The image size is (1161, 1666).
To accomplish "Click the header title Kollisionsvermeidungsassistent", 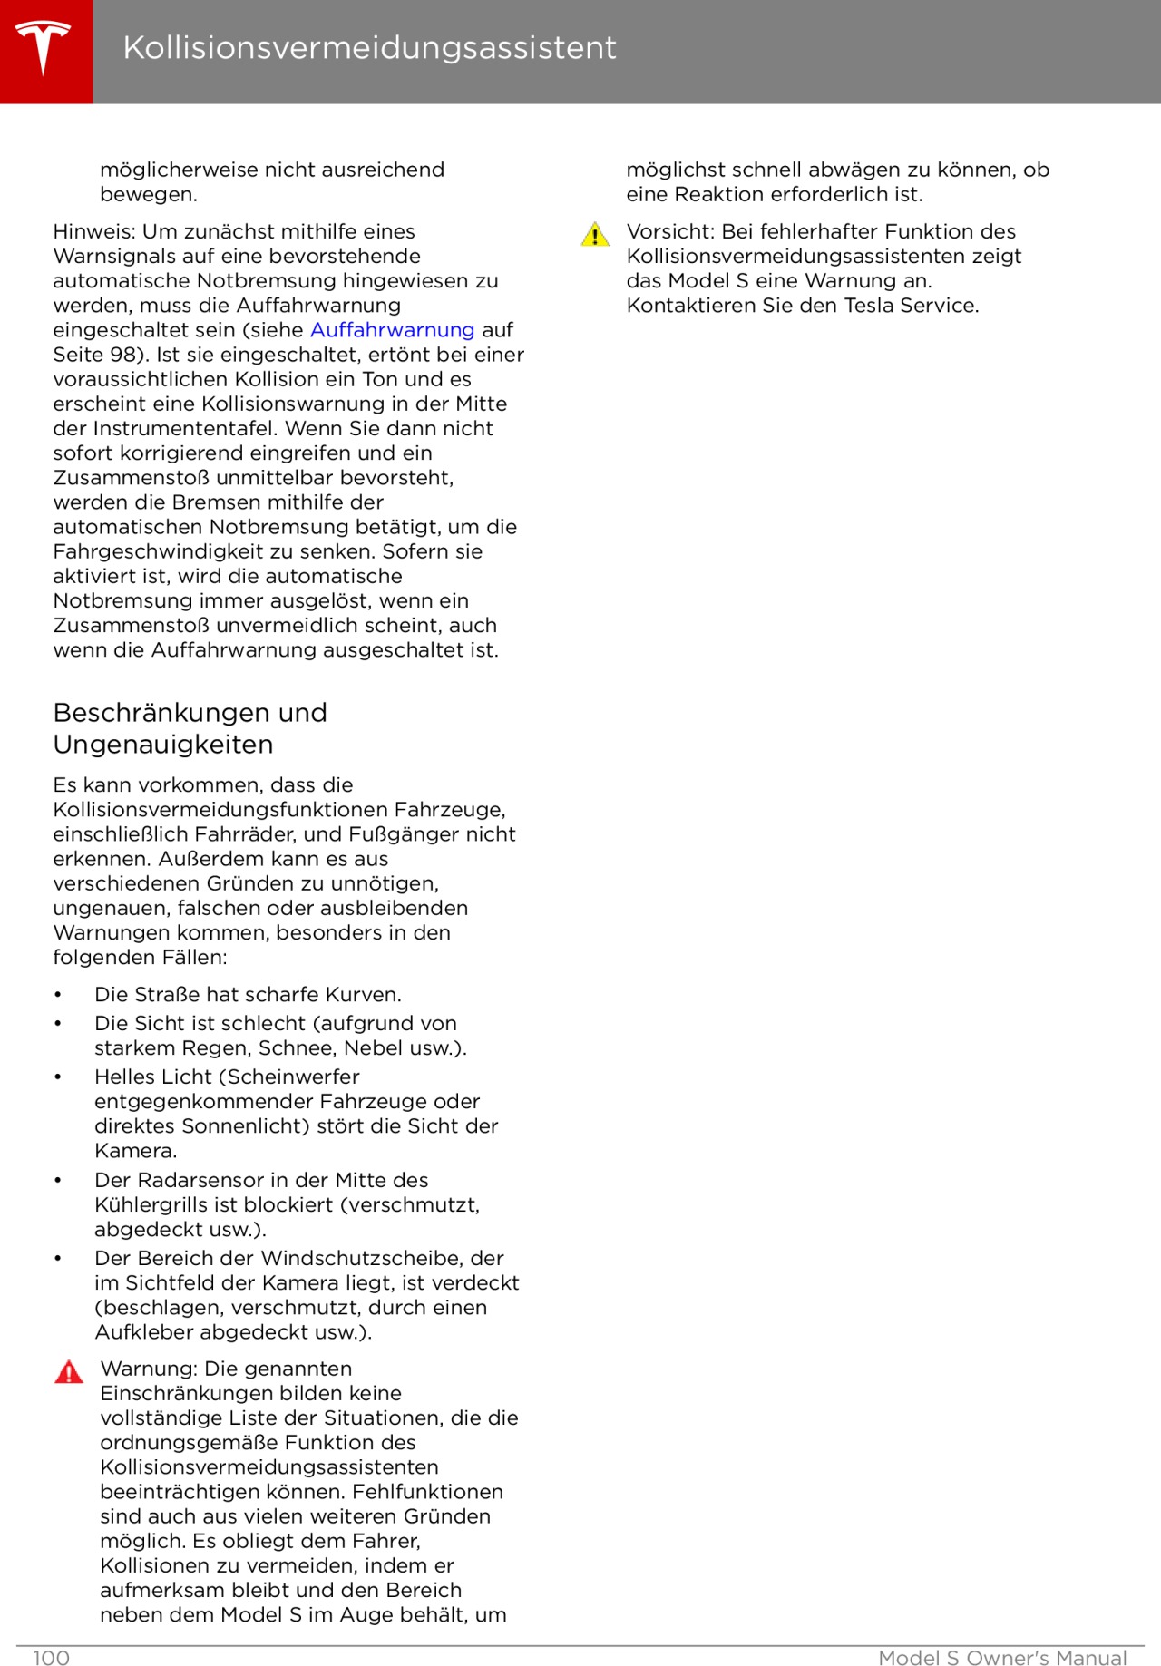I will pyautogui.click(x=369, y=47).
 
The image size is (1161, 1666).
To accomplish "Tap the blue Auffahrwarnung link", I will pyautogui.click(x=392, y=330).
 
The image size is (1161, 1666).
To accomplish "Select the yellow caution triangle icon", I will pyautogui.click(x=595, y=236).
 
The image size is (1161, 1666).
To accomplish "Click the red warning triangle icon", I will pyautogui.click(x=69, y=1372).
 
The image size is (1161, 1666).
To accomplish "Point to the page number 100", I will pyautogui.click(x=51, y=1658).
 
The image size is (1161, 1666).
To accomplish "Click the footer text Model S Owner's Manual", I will pyautogui.click(x=1002, y=1658).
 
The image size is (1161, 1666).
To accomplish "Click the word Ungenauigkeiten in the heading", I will pyautogui.click(x=163, y=745).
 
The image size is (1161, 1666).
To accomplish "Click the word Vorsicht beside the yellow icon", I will pyautogui.click(x=669, y=232).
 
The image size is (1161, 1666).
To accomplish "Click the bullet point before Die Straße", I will pyautogui.click(x=58, y=995).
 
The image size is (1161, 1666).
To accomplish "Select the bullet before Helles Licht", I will pyautogui.click(x=58, y=1077).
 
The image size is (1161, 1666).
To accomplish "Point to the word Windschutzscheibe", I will pyautogui.click(x=365, y=1258).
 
